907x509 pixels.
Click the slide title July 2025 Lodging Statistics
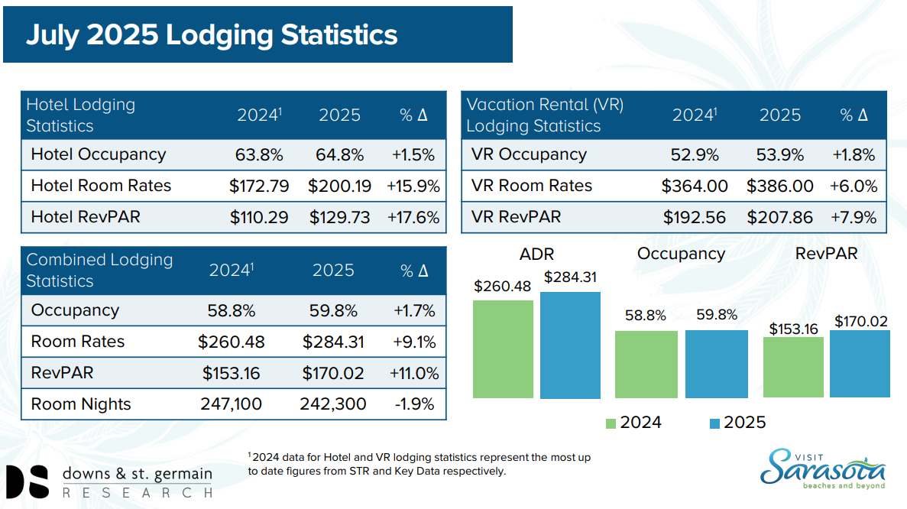pyautogui.click(x=212, y=34)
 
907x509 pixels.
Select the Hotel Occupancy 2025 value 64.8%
pyautogui.click(x=339, y=155)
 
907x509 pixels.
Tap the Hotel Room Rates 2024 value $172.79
pyautogui.click(x=258, y=186)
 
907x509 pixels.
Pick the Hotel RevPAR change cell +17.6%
pyautogui.click(x=413, y=218)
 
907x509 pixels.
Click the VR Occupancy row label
pyautogui.click(x=529, y=154)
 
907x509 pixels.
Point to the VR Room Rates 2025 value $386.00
pyautogui.click(x=779, y=186)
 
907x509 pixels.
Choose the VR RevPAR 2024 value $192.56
pyautogui.click(x=694, y=218)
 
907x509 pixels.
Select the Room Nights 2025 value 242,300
pyautogui.click(x=332, y=404)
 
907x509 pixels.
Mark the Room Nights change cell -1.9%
pyautogui.click(x=414, y=404)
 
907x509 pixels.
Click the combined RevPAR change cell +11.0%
pyautogui.click(x=414, y=373)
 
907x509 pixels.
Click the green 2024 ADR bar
pyautogui.click(x=503, y=349)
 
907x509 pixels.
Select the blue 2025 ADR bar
pyautogui.click(x=570, y=345)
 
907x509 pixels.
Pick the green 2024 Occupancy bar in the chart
pyautogui.click(x=646, y=365)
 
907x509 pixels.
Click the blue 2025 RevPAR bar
pyautogui.click(x=860, y=364)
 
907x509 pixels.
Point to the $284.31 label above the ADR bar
pyautogui.click(x=570, y=277)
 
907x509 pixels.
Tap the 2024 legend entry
pyautogui.click(x=633, y=423)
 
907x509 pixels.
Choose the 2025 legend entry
pyautogui.click(x=737, y=423)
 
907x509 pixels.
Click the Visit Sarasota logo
pyautogui.click(x=822, y=469)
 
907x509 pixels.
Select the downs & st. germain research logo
pyautogui.click(x=109, y=481)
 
